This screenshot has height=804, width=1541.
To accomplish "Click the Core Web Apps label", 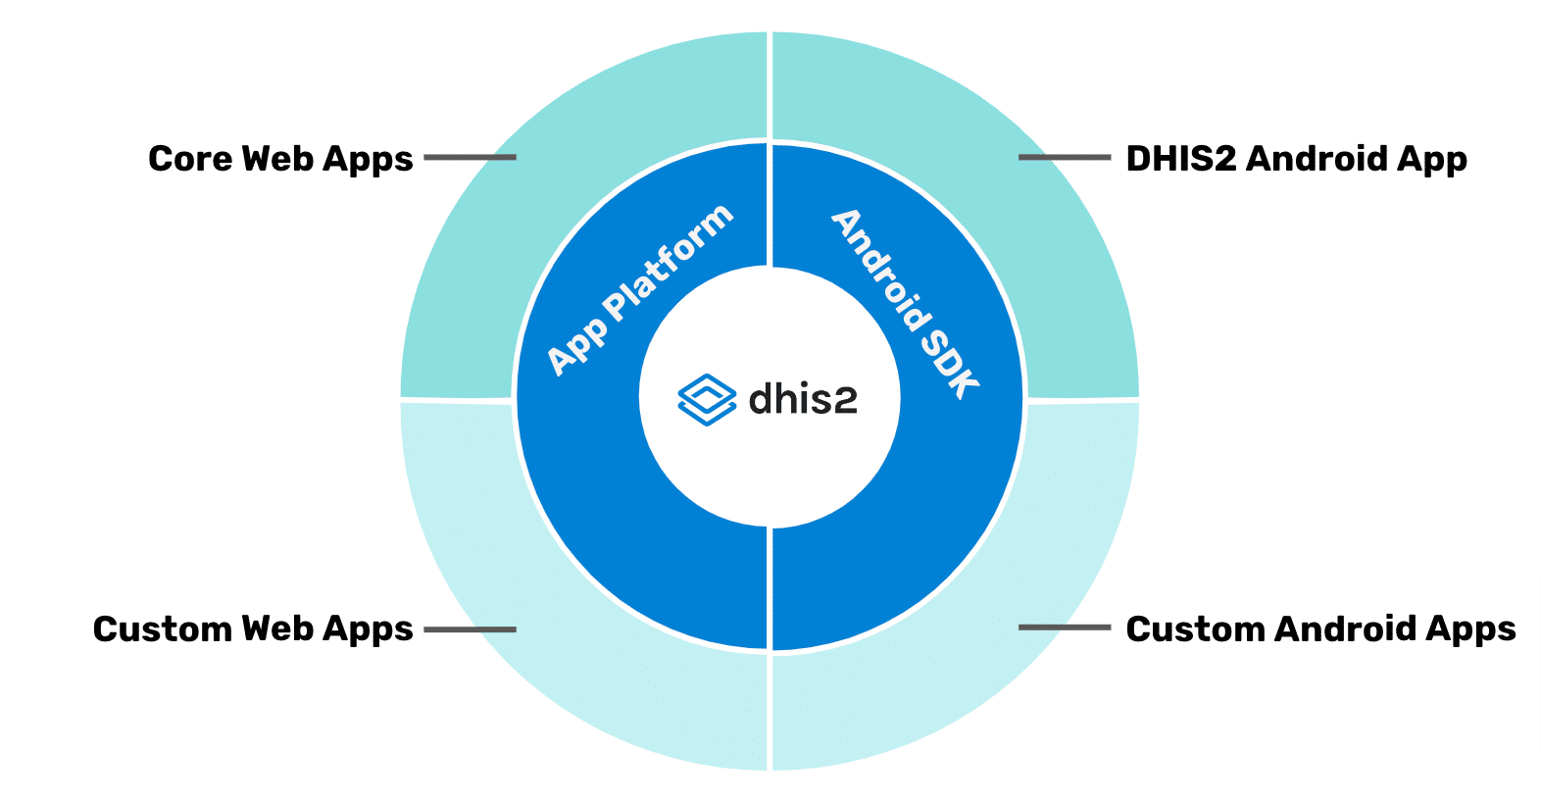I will pos(280,159).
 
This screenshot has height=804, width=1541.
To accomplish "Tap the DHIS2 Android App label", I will pos(1296,159).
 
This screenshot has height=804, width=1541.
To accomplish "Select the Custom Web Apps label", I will pos(253,628).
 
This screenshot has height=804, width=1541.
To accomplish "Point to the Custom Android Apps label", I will pos(1320,628).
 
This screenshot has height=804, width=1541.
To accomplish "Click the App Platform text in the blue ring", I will pos(639,290).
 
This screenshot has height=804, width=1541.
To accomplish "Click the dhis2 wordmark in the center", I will pos(803,399).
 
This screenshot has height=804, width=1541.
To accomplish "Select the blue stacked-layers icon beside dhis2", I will pos(707,399).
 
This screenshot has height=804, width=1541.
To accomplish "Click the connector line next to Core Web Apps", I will pos(470,157).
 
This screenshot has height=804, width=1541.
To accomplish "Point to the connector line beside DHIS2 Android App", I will pos(1065,157).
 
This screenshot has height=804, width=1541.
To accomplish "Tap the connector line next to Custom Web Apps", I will pos(470,628).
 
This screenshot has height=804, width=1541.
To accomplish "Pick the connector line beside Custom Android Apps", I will pos(1065,628).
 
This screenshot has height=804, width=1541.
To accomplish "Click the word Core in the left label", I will pos(189,159).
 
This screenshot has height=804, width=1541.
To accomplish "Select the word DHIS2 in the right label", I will pos(1180,159).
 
